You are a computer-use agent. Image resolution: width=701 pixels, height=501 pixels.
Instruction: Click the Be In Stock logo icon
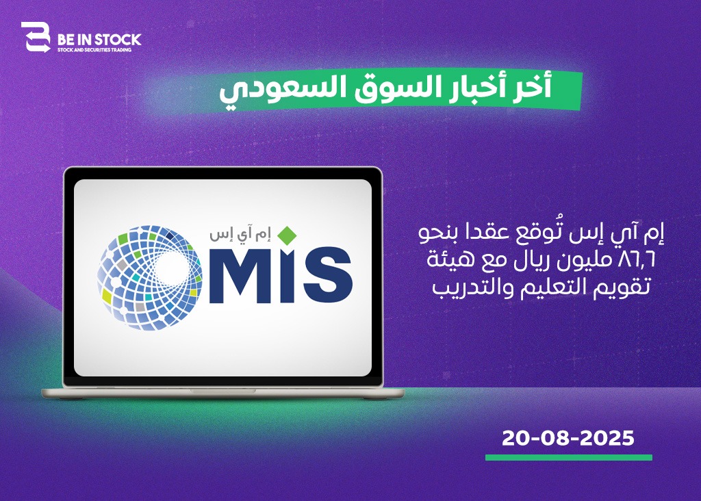tap(36, 38)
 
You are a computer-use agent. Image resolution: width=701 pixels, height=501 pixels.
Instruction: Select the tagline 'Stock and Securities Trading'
tap(94, 50)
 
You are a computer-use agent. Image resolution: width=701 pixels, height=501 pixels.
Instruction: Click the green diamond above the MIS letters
tap(287, 235)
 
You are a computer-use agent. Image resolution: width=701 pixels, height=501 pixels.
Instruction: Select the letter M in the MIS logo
tap(239, 275)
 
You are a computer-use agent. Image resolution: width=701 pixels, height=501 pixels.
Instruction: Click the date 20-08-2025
tap(568, 438)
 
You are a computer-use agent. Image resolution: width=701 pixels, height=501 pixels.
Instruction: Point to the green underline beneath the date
tap(569, 458)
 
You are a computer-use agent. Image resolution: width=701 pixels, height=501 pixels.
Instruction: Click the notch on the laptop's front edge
tap(222, 391)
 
